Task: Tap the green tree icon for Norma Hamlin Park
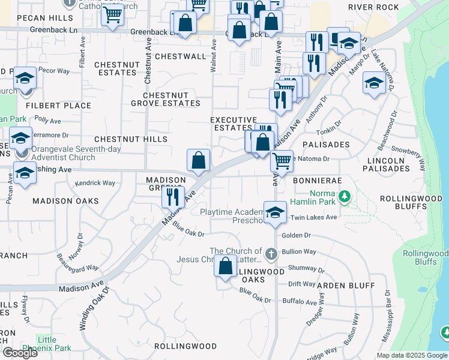345,196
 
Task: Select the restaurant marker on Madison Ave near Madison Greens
172,196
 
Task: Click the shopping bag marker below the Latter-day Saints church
226,266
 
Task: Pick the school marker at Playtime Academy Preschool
275,212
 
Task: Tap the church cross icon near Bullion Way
271,253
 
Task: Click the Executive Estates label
234,124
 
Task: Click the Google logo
20,353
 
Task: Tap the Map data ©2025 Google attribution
411,355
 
